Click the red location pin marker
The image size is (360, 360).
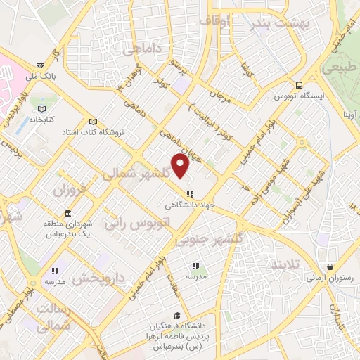(181, 166)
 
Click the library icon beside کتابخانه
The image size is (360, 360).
(43, 109)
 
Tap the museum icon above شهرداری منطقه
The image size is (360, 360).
(67, 213)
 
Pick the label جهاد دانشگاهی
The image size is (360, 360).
(188, 205)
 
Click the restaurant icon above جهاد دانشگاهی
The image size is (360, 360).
(188, 194)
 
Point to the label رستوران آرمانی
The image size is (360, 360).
(328, 278)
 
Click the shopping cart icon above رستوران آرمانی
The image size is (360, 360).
(330, 266)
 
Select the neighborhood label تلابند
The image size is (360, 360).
(290, 264)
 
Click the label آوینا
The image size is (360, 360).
(349, 113)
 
